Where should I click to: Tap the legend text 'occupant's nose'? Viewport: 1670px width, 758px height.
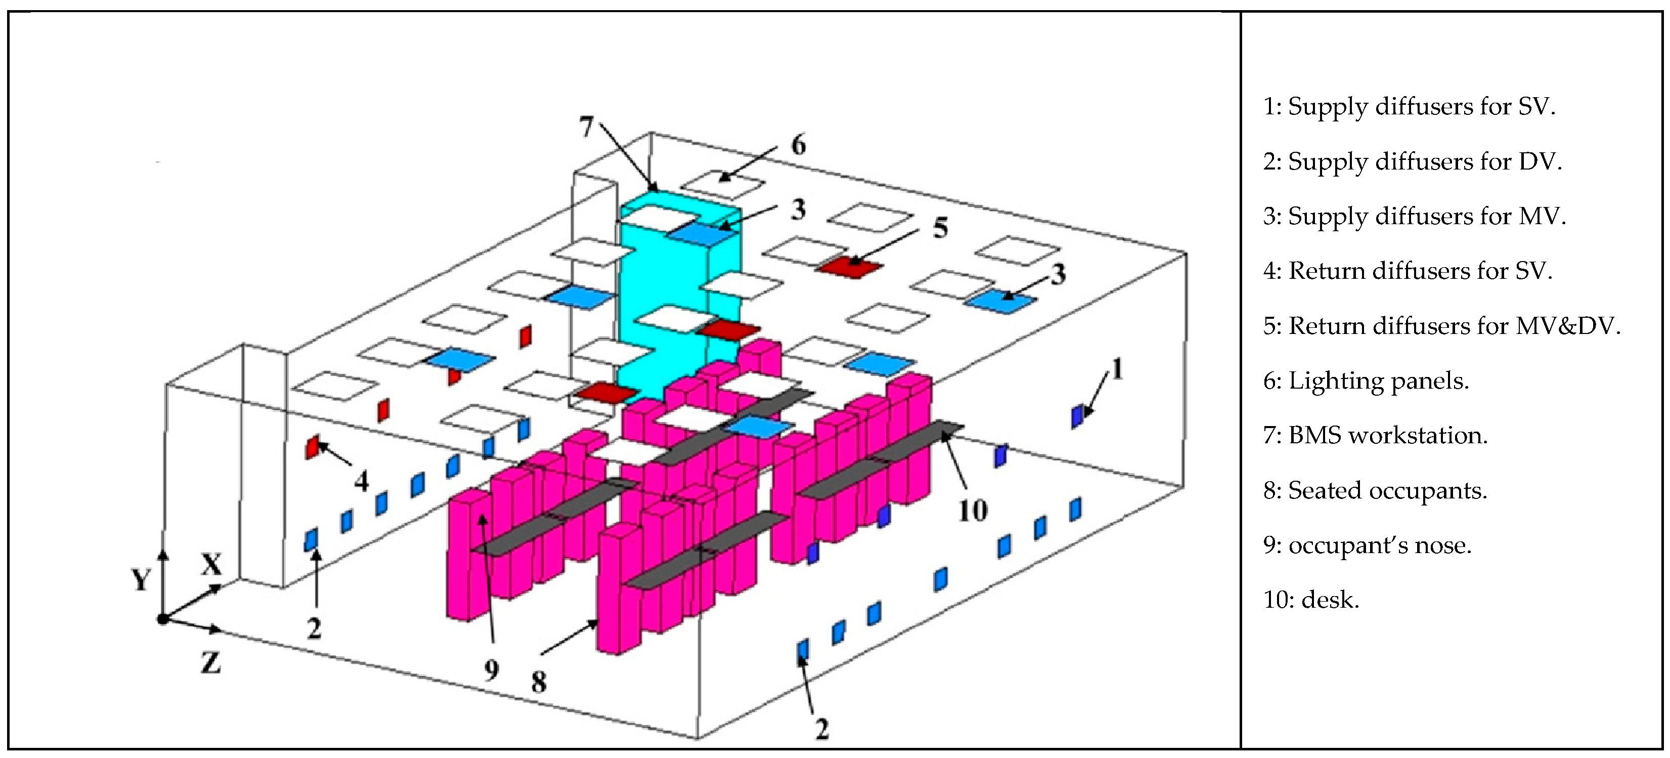[x=1367, y=545]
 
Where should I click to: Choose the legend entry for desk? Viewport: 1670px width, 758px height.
[x=1310, y=600]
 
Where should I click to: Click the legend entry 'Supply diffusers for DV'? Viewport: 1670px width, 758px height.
[x=1412, y=161]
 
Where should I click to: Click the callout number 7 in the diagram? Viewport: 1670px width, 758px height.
[x=586, y=127]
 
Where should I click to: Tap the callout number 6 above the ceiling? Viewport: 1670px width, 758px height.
[x=798, y=145]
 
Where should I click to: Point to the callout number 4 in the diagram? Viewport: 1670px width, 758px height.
[x=361, y=481]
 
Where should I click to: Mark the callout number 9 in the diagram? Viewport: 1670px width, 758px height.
[x=492, y=670]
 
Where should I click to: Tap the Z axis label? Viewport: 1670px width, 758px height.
[x=210, y=663]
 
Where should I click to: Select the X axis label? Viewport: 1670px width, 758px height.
[x=211, y=565]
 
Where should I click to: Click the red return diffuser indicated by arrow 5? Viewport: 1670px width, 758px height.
[x=850, y=267]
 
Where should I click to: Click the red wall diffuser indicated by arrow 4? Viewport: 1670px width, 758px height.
[x=313, y=447]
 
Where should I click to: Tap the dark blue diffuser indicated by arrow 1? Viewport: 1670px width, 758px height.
[x=1077, y=415]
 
